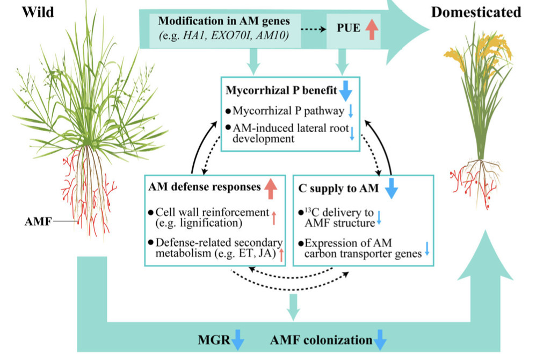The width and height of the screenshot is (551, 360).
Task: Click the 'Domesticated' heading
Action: click(x=476, y=11)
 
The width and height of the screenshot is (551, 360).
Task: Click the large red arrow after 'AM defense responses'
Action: click(x=271, y=188)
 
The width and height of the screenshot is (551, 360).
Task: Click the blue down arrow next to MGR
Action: click(x=237, y=340)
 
